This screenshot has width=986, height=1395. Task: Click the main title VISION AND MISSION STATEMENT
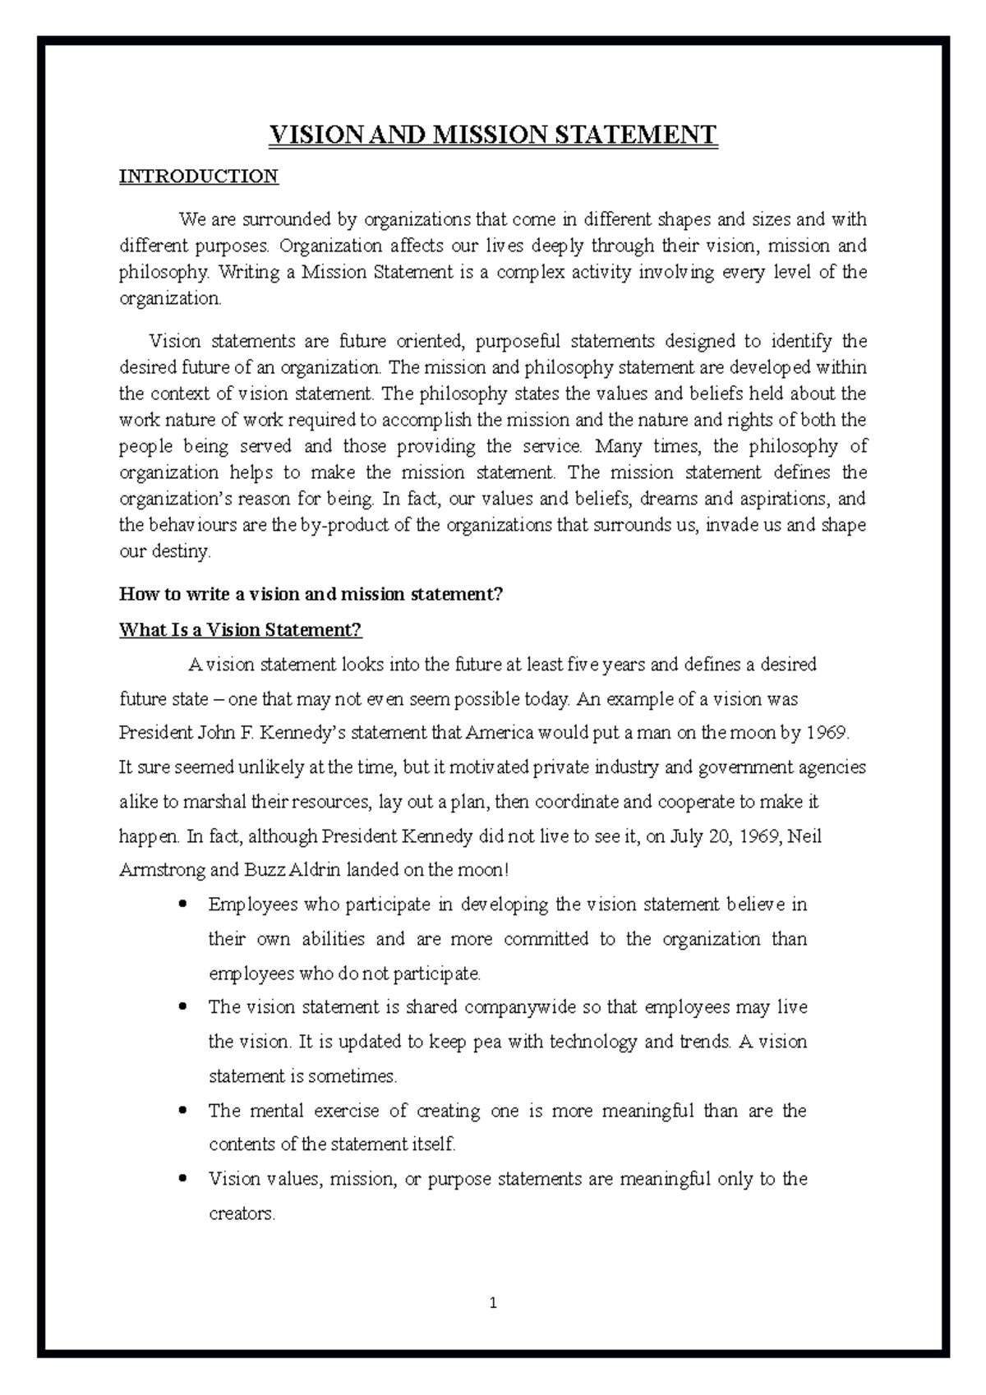493,135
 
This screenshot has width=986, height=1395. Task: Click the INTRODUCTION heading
199,177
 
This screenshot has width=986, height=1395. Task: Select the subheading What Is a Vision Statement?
240,630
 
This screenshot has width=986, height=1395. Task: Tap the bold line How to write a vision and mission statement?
311,594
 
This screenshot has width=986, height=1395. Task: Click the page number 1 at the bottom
493,1303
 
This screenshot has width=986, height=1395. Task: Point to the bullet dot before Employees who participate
183,905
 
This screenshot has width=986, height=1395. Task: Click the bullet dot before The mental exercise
183,1111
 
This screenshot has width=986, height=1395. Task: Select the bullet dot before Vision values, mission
183,1179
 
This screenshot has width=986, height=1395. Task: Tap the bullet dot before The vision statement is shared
183,1007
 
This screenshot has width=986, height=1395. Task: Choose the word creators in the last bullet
241,1214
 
